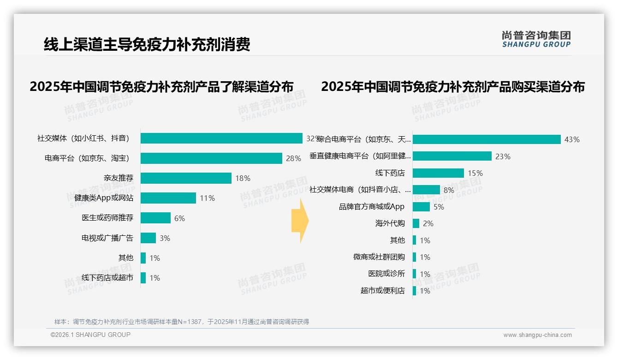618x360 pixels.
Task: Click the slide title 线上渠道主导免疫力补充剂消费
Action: click(x=147, y=45)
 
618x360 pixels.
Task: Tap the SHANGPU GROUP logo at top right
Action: click(x=536, y=39)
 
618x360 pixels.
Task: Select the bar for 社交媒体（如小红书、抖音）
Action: click(x=221, y=138)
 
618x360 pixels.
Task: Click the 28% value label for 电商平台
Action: click(x=293, y=158)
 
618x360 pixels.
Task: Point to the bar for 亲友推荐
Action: click(x=186, y=178)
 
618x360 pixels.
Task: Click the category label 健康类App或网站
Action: click(x=104, y=198)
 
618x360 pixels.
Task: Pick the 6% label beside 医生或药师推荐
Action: click(x=179, y=218)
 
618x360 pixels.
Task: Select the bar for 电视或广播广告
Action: click(x=148, y=238)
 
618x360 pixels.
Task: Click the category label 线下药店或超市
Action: click(x=107, y=278)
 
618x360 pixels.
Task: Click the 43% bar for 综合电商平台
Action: click(x=487, y=139)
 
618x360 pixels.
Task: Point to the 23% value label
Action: click(x=503, y=156)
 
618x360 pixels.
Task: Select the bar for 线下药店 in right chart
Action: click(x=438, y=173)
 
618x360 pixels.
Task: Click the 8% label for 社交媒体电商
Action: click(x=449, y=190)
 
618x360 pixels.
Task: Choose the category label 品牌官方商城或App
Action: click(x=372, y=207)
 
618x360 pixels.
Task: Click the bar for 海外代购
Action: click(x=416, y=223)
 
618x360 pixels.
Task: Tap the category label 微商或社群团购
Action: click(x=379, y=257)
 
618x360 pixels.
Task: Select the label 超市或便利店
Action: click(x=383, y=291)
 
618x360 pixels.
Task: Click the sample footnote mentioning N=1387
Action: click(x=182, y=322)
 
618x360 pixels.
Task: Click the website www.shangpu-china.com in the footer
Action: click(x=537, y=335)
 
